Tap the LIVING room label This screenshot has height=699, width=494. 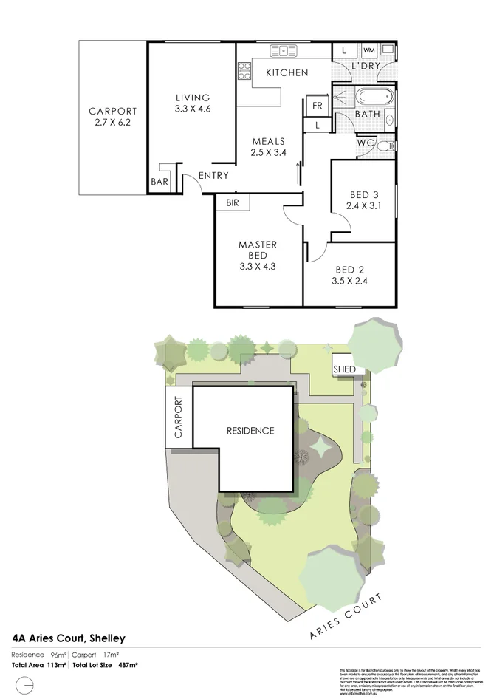[x=193, y=98]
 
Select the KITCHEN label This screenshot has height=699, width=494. [x=287, y=72]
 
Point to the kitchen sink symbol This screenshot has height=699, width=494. [x=283, y=51]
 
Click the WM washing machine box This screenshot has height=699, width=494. [x=369, y=50]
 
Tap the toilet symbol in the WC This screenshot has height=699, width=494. [x=382, y=146]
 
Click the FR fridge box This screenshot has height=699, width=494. [x=317, y=106]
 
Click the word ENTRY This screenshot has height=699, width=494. [x=213, y=176]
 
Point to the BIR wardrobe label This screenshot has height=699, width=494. [x=233, y=202]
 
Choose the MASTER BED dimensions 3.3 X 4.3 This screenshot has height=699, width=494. [x=257, y=267]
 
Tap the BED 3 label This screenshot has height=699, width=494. [x=363, y=196]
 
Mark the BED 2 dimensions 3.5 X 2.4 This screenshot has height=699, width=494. [x=351, y=281]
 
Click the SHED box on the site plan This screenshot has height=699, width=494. [x=345, y=369]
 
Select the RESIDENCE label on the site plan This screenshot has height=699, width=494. [x=250, y=431]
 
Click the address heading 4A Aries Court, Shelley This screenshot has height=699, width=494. [x=69, y=638]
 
